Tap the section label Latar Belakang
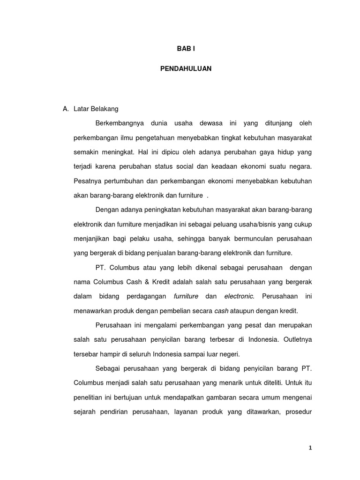[x=96, y=109]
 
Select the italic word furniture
[x=186, y=296]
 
